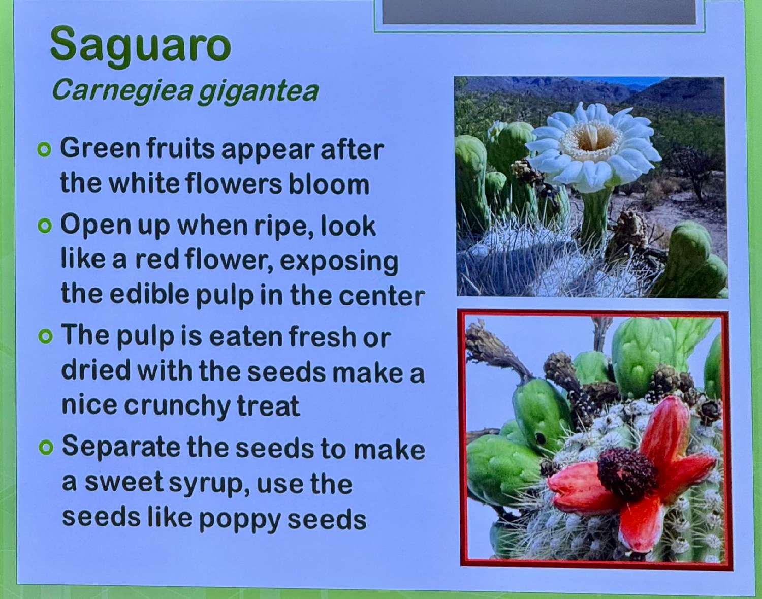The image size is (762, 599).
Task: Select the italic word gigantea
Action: coord(258,92)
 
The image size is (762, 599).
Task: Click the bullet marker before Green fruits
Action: coord(44,150)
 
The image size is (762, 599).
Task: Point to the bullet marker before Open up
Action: coord(45,226)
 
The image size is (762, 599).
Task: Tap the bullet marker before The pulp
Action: coord(45,337)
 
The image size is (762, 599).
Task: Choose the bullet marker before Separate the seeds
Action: coord(46,448)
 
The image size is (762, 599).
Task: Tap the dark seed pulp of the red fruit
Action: coord(627,473)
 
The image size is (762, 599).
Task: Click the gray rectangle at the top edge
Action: coord(539,12)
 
